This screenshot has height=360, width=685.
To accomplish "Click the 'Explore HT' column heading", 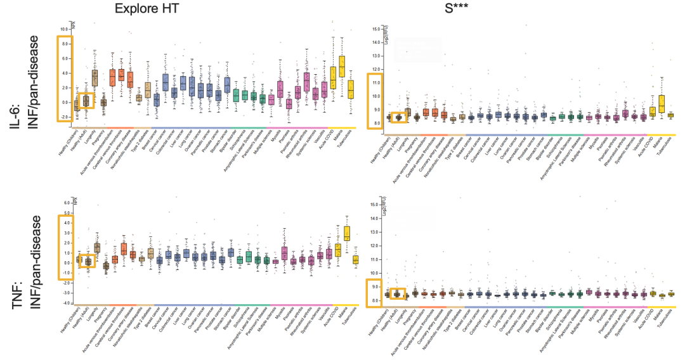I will click(147, 8).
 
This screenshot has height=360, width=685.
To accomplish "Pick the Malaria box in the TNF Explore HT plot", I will click(346, 233).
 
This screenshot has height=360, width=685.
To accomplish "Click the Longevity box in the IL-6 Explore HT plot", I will click(95, 78).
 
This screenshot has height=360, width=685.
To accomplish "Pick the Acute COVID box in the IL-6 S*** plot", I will click(651, 112).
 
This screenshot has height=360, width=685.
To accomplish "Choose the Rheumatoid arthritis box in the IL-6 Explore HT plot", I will click(306, 82).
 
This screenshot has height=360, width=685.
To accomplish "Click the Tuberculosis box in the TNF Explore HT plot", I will click(355, 259).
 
